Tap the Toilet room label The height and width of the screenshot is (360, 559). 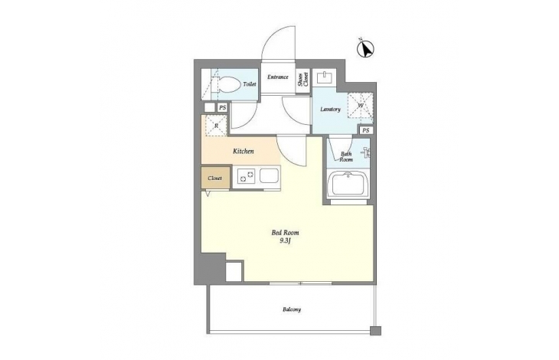[249, 84]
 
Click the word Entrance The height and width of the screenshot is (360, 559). [278, 77]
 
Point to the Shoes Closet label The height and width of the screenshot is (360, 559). [303, 80]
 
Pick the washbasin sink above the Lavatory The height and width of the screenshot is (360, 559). [325, 77]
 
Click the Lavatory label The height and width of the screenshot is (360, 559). [330, 110]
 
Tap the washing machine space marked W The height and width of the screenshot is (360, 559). [361, 106]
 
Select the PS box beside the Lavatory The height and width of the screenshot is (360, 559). [366, 130]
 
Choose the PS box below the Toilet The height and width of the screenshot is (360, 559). [222, 108]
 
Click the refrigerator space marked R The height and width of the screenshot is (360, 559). [216, 126]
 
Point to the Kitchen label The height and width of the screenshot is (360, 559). [244, 151]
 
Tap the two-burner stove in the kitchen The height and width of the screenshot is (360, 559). [246, 175]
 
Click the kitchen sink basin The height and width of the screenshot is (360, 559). [269, 175]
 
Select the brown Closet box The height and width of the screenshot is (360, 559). [215, 178]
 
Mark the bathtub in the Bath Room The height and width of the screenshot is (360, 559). [348, 184]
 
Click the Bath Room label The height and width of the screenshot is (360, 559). [346, 157]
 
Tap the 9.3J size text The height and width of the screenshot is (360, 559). [285, 241]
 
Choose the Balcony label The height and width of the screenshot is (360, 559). [292, 309]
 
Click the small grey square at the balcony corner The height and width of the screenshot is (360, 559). [375, 331]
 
